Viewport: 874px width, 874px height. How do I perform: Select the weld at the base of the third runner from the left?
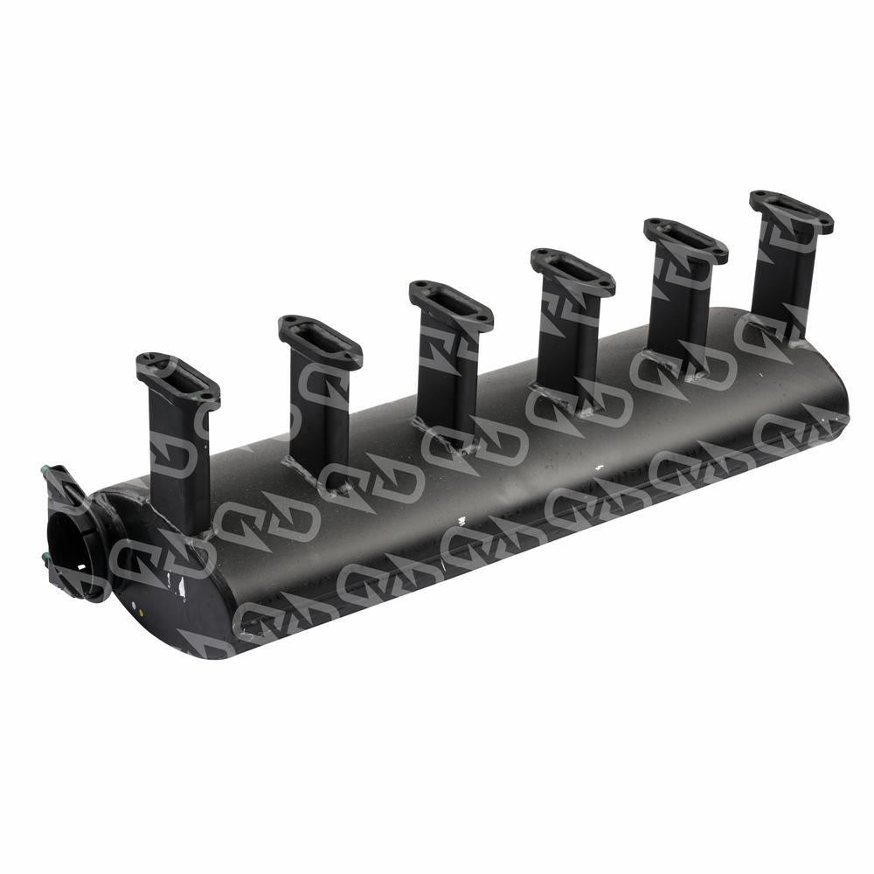pos(446,436)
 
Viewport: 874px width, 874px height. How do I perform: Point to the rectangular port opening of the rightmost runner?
pos(791,211)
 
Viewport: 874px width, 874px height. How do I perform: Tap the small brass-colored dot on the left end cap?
pos(132,602)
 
